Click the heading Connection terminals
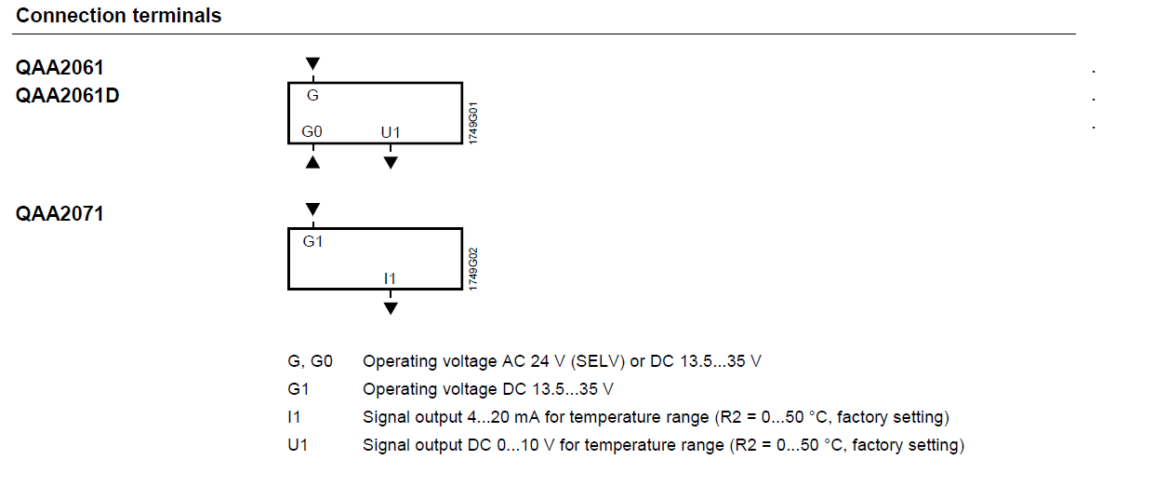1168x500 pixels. (x=119, y=16)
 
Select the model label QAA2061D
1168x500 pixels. (x=67, y=96)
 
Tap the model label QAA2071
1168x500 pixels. (x=60, y=214)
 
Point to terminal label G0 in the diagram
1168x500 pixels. (x=312, y=132)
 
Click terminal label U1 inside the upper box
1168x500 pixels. (x=391, y=132)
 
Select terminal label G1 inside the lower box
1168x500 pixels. (x=312, y=240)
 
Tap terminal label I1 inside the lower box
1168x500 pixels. (x=391, y=277)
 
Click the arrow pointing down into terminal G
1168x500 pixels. (x=312, y=63)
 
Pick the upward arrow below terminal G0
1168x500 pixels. (x=312, y=162)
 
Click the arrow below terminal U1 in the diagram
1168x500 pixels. (x=391, y=162)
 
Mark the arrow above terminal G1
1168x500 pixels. (x=312, y=209)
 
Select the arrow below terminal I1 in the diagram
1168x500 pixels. (x=391, y=307)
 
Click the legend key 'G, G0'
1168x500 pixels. (x=310, y=361)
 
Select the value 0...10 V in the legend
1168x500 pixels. (x=526, y=445)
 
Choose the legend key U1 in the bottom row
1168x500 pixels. (x=298, y=445)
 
